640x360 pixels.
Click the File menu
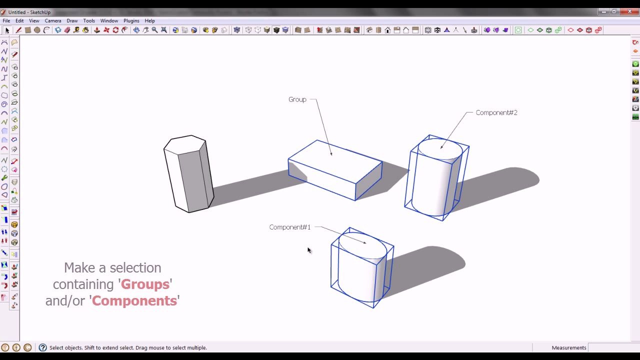click(x=6, y=21)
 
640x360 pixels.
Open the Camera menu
click(x=53, y=21)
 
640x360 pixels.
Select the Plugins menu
click(x=131, y=21)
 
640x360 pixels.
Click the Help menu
click(x=150, y=21)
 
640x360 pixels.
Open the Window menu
click(x=109, y=21)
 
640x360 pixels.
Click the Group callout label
click(x=297, y=99)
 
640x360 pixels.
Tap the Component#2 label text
click(x=496, y=113)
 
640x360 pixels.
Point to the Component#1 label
click(x=289, y=227)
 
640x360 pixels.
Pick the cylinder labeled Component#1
click(x=361, y=270)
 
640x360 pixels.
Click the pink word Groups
click(x=145, y=284)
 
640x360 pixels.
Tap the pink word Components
click(x=134, y=301)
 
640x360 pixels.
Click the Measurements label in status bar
click(x=568, y=348)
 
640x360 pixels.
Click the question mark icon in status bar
click(x=43, y=348)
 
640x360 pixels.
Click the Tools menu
click(x=89, y=21)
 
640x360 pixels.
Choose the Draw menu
click(x=72, y=21)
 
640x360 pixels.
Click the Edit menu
click(x=19, y=21)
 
